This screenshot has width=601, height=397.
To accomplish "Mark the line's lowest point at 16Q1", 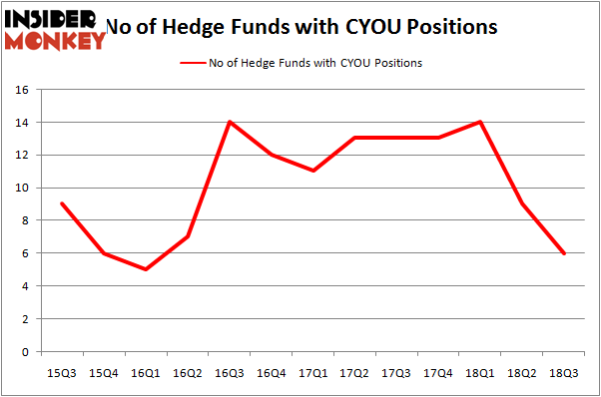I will pyautogui.click(x=146, y=269).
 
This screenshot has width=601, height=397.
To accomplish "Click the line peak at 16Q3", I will pyautogui.click(x=230, y=122).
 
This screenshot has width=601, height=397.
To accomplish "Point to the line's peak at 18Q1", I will pyautogui.click(x=481, y=122).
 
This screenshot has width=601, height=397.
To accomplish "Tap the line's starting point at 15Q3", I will pyautogui.click(x=62, y=203).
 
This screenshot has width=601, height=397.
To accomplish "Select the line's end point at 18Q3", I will pyautogui.click(x=565, y=253).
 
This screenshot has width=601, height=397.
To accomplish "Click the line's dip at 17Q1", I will pyautogui.click(x=313, y=171).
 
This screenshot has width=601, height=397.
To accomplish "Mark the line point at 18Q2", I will pyautogui.click(x=523, y=203).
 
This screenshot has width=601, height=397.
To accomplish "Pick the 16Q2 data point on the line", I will pyautogui.click(x=188, y=236).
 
